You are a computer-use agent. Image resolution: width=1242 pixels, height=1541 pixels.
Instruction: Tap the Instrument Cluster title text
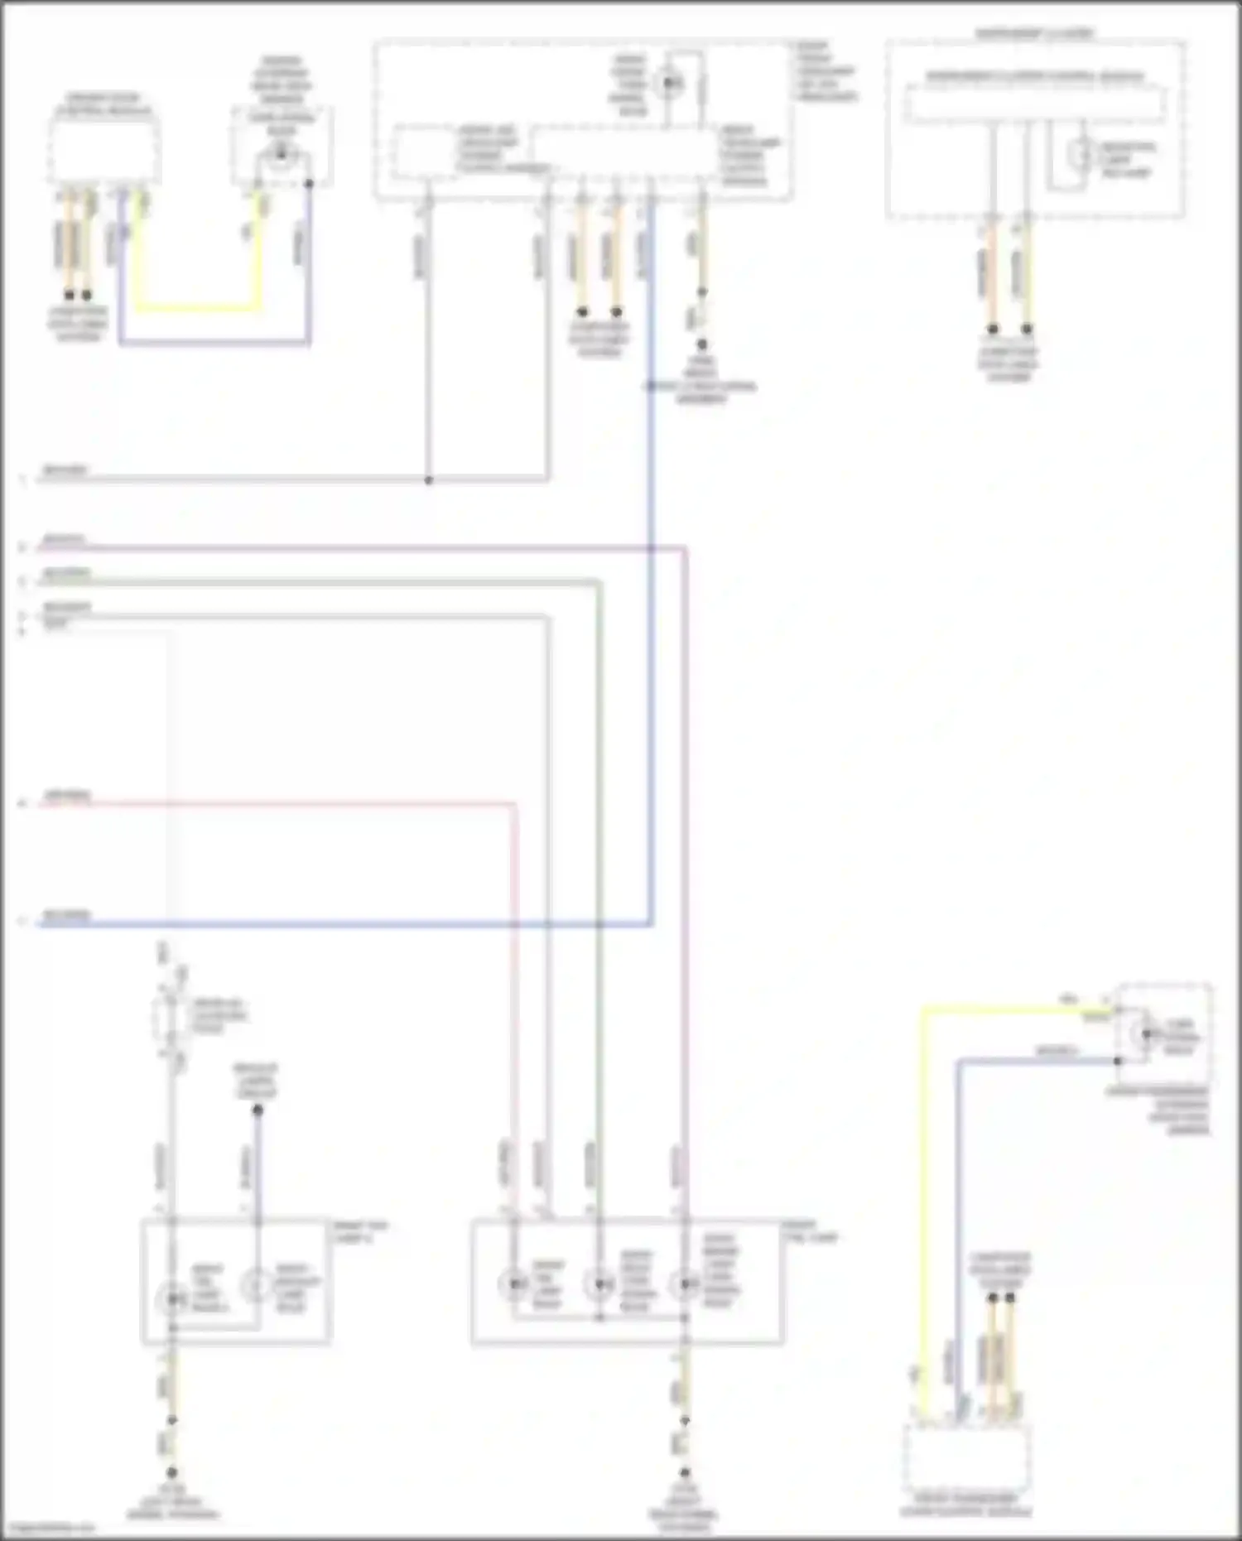1034,34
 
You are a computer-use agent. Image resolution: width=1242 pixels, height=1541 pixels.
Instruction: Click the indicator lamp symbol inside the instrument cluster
1081,154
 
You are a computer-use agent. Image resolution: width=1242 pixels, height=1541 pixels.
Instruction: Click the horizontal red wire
273,802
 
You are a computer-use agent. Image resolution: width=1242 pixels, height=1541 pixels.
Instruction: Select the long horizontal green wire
331,583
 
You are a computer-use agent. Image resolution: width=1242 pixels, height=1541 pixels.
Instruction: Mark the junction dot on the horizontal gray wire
429,480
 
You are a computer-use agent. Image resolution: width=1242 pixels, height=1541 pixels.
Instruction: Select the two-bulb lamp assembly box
236,1280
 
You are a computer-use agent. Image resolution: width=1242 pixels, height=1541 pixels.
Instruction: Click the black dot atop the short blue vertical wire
258,1110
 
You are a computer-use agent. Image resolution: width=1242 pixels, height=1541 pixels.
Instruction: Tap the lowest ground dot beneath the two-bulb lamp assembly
172,1472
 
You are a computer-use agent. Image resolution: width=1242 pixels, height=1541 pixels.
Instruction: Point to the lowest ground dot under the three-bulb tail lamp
685,1472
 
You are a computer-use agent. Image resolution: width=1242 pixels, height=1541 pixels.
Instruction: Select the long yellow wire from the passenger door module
924,1201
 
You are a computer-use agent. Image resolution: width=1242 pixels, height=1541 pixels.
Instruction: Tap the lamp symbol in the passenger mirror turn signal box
1146,1033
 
